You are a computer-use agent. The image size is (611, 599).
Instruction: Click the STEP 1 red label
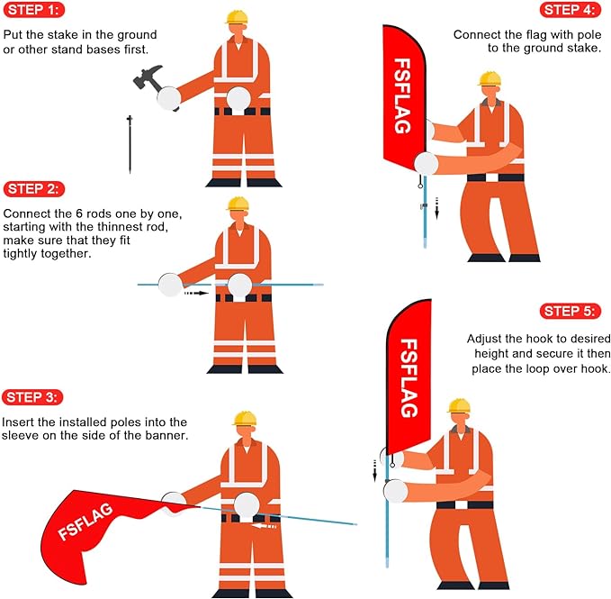[x=34, y=10]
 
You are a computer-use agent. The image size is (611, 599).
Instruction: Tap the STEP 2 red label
[x=34, y=189]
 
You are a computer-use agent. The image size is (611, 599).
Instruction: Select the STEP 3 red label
[x=32, y=397]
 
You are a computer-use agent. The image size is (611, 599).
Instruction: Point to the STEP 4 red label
[x=571, y=10]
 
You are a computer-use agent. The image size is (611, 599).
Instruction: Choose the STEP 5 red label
[x=571, y=311]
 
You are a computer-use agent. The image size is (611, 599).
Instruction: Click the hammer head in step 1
[x=148, y=77]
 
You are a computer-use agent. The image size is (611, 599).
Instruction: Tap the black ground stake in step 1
[x=130, y=144]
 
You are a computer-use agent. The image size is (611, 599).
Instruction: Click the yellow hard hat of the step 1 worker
[x=237, y=17]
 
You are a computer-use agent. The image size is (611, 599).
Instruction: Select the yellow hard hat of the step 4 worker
[x=490, y=78]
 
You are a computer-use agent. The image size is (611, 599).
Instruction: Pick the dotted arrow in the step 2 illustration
[x=196, y=293]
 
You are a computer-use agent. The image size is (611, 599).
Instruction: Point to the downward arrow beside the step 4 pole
[x=436, y=208]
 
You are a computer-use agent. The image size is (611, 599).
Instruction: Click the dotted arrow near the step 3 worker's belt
[x=264, y=526]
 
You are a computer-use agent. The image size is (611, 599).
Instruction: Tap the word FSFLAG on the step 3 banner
[x=85, y=522]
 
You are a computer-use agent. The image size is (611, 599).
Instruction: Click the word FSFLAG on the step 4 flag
[x=402, y=96]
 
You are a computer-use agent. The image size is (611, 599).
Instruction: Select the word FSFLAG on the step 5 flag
[x=409, y=378]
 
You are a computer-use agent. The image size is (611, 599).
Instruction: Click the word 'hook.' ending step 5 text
[x=596, y=368]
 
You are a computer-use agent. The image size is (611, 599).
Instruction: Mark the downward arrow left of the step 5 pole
[x=375, y=471]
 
